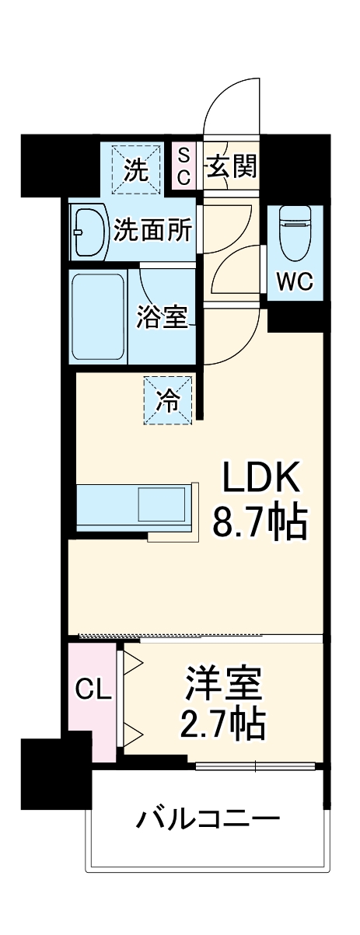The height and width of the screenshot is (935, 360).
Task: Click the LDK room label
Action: pyautogui.click(x=261, y=480)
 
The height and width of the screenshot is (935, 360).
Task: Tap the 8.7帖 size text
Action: pyautogui.click(x=261, y=523)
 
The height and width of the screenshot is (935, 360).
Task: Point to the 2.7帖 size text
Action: pyautogui.click(x=223, y=726)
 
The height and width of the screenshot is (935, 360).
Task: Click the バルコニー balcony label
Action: pyautogui.click(x=208, y=819)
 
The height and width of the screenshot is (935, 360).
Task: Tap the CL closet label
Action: pyautogui.click(x=93, y=689)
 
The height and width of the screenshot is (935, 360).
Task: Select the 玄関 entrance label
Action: pyautogui.click(x=232, y=166)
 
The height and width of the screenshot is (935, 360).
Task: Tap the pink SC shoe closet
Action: pyautogui.click(x=183, y=166)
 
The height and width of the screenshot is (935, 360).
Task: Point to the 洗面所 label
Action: pyautogui.click(x=153, y=231)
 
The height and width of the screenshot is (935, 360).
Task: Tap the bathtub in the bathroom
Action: pyautogui.click(x=98, y=316)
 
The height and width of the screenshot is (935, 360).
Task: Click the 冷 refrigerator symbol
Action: pyautogui.click(x=166, y=401)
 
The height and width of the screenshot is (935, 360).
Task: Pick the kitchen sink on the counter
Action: pyautogui.click(x=161, y=505)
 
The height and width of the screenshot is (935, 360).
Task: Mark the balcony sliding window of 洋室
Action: pyautogui.click(x=257, y=766)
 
